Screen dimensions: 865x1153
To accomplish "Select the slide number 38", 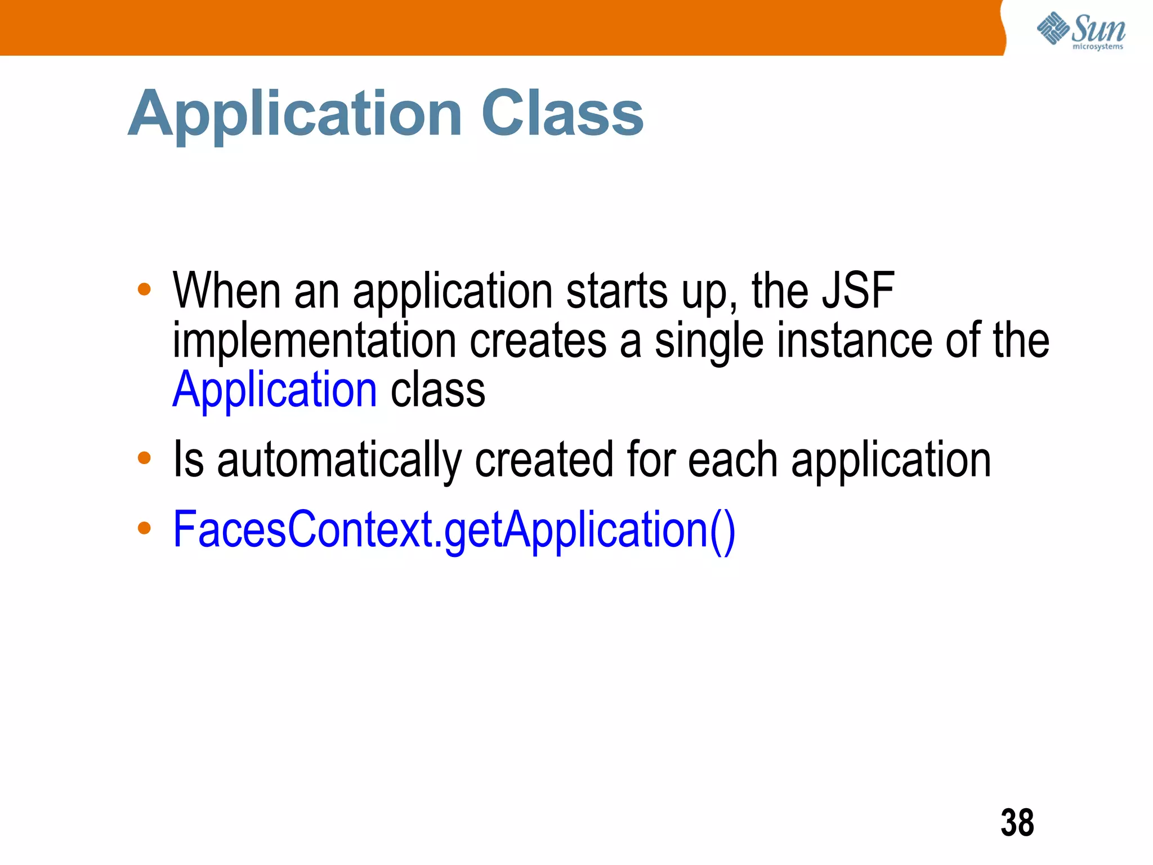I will [x=1017, y=823].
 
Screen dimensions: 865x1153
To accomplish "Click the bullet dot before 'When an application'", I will [x=144, y=289].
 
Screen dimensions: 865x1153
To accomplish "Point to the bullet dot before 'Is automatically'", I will [x=144, y=457].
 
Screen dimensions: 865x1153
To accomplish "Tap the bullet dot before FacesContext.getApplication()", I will [x=144, y=528].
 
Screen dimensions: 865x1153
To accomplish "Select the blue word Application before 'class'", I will [x=275, y=390].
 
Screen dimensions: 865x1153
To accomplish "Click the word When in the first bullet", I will [x=226, y=291].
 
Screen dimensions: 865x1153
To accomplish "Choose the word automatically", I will [x=339, y=461].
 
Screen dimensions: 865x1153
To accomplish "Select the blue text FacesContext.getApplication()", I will [x=454, y=530].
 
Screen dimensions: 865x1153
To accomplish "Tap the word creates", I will [x=538, y=341].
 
